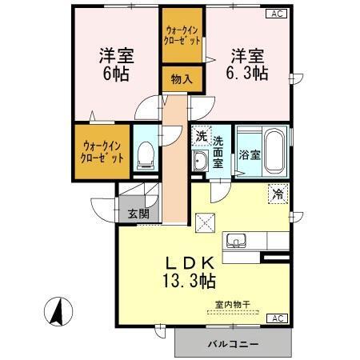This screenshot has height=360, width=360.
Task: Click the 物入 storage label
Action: click(x=182, y=78)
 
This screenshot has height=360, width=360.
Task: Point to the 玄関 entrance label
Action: click(x=138, y=214)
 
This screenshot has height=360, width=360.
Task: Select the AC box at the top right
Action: click(x=275, y=14)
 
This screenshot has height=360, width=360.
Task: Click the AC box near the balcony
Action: click(x=275, y=318)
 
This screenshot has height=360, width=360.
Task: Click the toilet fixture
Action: click(x=145, y=154)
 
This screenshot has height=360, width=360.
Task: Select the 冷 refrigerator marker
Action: click(x=277, y=193)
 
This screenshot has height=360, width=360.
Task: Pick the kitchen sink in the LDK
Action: click(x=237, y=240)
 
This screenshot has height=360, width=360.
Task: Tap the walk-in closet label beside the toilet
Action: click(x=102, y=151)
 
